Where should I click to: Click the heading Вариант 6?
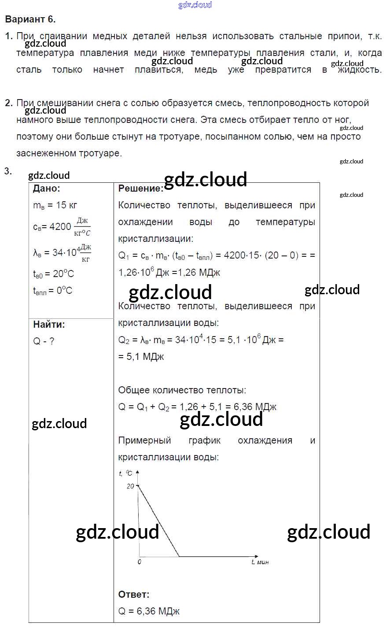pos(30,19)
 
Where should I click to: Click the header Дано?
pos(47,189)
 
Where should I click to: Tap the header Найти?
pos(49,325)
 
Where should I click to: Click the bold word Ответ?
pos(134,595)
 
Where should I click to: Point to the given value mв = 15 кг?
pos(55,205)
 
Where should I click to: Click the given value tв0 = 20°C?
pos(54,274)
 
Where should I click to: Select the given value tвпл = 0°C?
pos(53,291)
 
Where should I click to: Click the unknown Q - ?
pos(44,341)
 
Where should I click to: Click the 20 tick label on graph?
pos(130,486)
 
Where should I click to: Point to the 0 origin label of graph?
pos(140,562)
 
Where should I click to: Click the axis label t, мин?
pos(260,562)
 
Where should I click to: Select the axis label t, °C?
pos(126,473)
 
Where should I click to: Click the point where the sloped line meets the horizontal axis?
pos(179,556)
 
